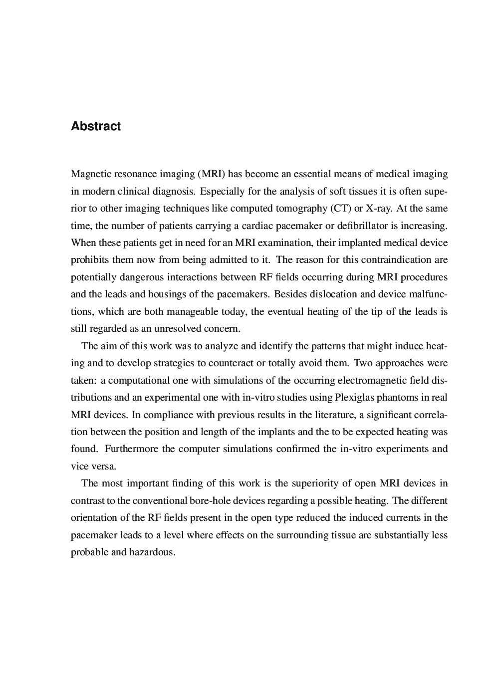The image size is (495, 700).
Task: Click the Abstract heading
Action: point(96,126)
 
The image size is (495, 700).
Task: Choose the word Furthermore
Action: point(132,449)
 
